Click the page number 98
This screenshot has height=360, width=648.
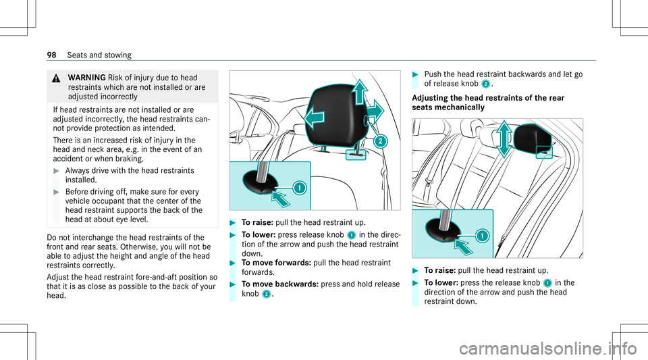click(x=32, y=54)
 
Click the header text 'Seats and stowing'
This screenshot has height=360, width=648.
click(x=74, y=54)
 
